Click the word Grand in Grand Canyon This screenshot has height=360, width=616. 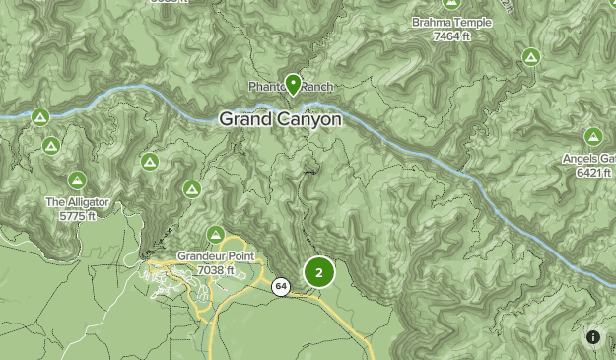click(x=246, y=119)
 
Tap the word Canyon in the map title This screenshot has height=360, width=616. click(x=309, y=119)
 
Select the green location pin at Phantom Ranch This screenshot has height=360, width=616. click(x=293, y=84)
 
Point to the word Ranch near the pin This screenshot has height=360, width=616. click(x=317, y=87)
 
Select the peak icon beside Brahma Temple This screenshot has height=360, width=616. click(x=531, y=56)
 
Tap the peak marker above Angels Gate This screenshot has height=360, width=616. click(x=592, y=136)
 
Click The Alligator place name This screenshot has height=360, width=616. click(x=76, y=202)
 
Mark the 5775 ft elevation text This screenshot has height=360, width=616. click(x=76, y=215)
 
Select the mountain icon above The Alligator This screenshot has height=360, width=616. click(x=76, y=180)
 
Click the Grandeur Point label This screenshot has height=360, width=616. click(x=216, y=256)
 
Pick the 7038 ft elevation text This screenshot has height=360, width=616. click(x=216, y=269)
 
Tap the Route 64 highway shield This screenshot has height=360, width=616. click(x=281, y=287)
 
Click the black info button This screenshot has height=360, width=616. click(x=593, y=337)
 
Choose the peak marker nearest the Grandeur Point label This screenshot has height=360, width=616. click(x=192, y=188)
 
